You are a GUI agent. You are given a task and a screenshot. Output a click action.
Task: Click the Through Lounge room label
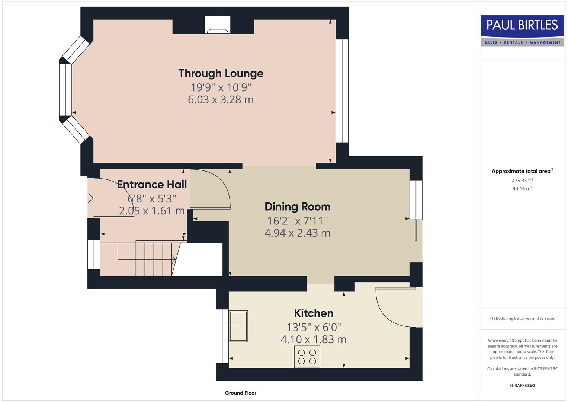pyautogui.click(x=221, y=73)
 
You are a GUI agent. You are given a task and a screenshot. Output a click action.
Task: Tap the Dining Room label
pyautogui.click(x=297, y=207)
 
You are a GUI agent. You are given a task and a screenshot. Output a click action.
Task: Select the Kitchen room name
pyautogui.click(x=314, y=313)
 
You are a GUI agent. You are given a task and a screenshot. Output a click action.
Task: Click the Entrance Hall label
pyautogui.click(x=152, y=184)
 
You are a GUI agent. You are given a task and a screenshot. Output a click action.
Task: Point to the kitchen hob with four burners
pyautogui.click(x=307, y=357)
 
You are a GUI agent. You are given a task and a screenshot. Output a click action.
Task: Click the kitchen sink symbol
pyautogui.click(x=238, y=326)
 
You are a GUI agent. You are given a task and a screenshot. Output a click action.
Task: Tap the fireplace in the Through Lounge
pyautogui.click(x=218, y=26)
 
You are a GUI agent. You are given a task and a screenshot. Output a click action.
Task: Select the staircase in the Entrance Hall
pyautogui.click(x=149, y=259)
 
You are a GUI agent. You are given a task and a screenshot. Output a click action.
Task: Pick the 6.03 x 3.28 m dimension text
pyautogui.click(x=221, y=100)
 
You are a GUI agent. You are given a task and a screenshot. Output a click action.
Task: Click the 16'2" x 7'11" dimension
pyautogui.click(x=297, y=221)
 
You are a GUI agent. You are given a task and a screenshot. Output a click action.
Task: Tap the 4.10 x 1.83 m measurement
pyautogui.click(x=314, y=339)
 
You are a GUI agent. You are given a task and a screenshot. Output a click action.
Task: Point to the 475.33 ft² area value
pyautogui.click(x=522, y=181)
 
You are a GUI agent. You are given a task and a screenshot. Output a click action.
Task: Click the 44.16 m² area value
pyautogui.click(x=522, y=189)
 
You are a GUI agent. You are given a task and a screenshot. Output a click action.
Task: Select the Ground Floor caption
pyautogui.click(x=240, y=393)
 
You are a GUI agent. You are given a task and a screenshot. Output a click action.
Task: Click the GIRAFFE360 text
pyautogui.click(x=522, y=385)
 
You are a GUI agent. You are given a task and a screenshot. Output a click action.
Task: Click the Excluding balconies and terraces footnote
pyautogui.click(x=522, y=318)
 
